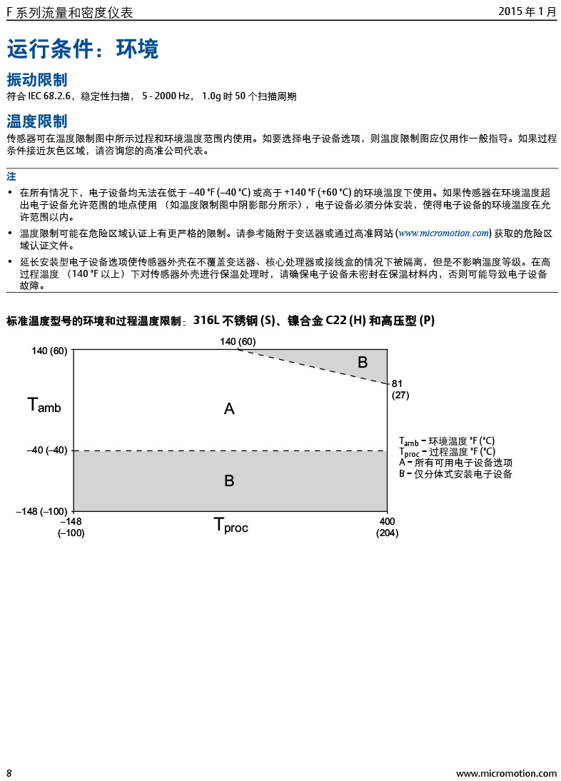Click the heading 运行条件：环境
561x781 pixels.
pyautogui.click(x=83, y=49)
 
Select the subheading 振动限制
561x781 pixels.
pyautogui.click(x=37, y=79)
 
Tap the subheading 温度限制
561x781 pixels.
pyautogui.click(x=37, y=121)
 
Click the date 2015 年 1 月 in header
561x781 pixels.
pyautogui.click(x=527, y=12)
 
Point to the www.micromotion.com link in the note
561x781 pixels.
pyautogui.click(x=443, y=233)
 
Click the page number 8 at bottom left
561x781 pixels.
pyautogui.click(x=9, y=773)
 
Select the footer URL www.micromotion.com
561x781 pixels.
pyautogui.click(x=506, y=773)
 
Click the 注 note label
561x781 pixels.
pyautogui.click(x=11, y=176)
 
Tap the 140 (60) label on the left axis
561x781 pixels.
pyautogui.click(x=50, y=351)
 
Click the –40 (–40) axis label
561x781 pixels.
pyautogui.click(x=46, y=450)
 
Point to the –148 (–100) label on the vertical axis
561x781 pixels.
pyautogui.click(x=41, y=511)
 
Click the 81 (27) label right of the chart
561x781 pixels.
pyautogui.click(x=400, y=389)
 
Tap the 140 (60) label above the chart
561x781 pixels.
pyautogui.click(x=238, y=341)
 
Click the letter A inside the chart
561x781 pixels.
pyautogui.click(x=229, y=408)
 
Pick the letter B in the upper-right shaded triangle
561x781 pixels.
pyautogui.click(x=363, y=363)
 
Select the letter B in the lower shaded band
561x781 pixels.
pyautogui.click(x=229, y=481)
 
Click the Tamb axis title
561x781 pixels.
pyautogui.click(x=44, y=405)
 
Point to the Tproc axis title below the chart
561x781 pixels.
pyautogui.click(x=231, y=525)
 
